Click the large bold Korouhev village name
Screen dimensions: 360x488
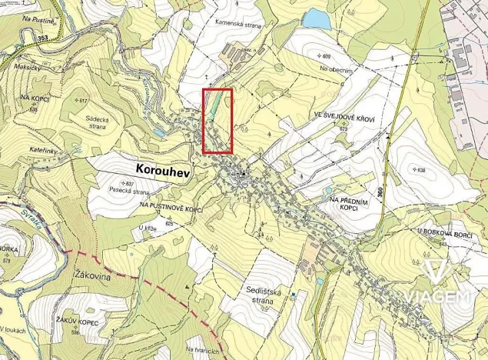tap(163, 167)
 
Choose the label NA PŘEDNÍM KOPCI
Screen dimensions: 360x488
tap(344, 204)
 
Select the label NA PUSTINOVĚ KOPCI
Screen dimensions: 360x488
tap(171, 208)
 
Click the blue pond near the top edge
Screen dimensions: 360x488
tap(316, 18)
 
